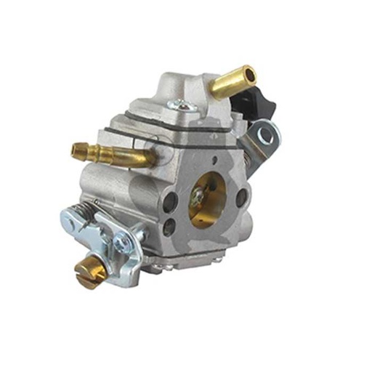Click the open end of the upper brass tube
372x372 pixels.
pyautogui.click(x=248, y=73)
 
